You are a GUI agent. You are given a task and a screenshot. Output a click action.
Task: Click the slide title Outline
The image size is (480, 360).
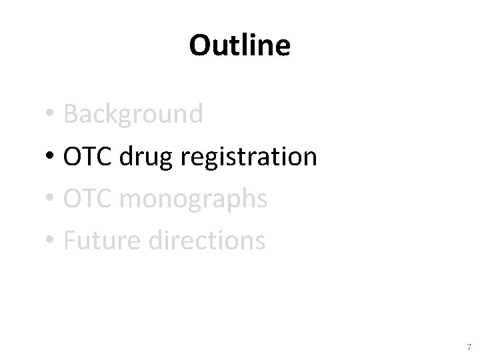click(x=239, y=45)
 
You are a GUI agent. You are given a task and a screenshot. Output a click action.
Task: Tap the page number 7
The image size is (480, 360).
click(x=469, y=347)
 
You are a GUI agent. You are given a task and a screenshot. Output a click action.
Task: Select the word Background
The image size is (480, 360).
click(x=133, y=115)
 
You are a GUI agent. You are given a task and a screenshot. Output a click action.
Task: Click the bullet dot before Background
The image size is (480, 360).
click(x=50, y=115)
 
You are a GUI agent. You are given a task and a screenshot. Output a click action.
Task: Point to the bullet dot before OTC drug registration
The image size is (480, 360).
click(x=50, y=157)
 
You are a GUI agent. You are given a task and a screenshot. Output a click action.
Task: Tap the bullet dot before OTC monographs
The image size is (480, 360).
click(x=50, y=199)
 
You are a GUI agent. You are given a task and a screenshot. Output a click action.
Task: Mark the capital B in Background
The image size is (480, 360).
click(x=71, y=115)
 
